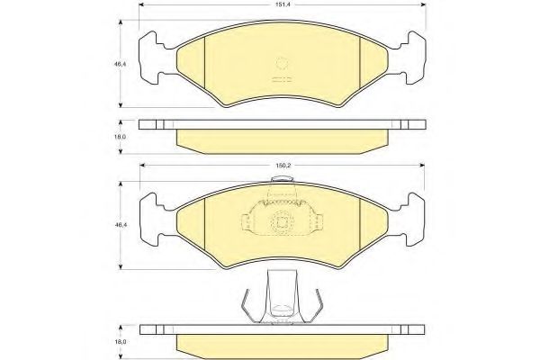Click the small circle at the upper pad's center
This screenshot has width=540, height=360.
click(x=282, y=63)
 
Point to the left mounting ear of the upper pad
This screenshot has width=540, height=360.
click(x=151, y=58)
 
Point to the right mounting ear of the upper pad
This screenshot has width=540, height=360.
click(x=413, y=58)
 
